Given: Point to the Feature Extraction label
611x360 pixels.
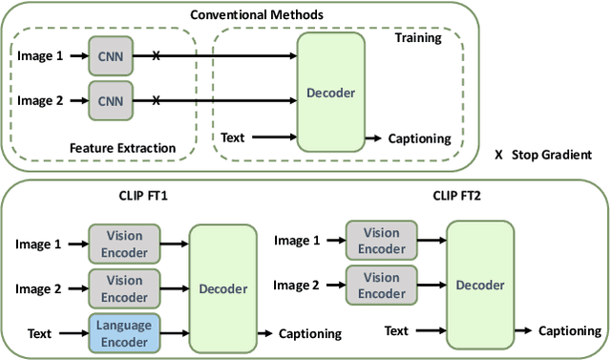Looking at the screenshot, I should tap(123, 148).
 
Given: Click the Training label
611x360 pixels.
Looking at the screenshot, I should tap(418, 38).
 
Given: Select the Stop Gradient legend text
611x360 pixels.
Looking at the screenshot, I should tap(552, 155).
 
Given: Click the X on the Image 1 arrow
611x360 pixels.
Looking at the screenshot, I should tap(156, 56).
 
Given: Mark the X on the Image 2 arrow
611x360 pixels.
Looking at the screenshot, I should tap(156, 99).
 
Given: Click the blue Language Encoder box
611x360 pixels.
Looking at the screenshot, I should tap(124, 332).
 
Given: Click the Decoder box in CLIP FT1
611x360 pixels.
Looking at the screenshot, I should tap(222, 288).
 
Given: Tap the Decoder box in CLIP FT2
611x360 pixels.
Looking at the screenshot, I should tap(480, 284).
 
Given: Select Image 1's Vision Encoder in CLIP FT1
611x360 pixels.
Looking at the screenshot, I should tap(124, 243).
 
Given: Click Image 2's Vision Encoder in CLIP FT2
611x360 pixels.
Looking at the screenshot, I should tap(381, 284).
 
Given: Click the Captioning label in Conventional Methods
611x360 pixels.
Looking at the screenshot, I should tap(419, 138).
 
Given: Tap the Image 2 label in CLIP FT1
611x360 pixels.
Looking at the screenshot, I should tap(38, 288).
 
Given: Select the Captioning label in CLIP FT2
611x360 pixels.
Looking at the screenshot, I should tap(570, 330).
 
